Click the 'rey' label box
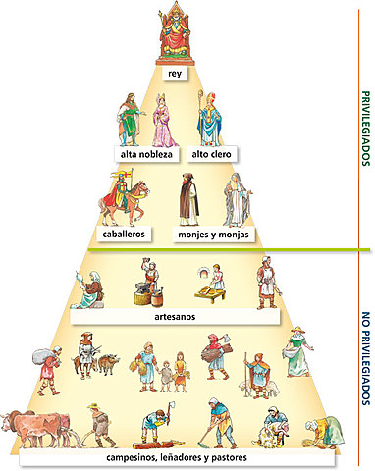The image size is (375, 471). point(175,74)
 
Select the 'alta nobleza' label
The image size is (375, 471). point(146,154)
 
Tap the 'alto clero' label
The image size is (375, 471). point(211,154)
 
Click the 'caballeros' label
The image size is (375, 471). point(124,235)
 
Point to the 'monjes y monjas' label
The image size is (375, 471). point(213,235)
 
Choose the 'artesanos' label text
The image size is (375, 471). point(175,317)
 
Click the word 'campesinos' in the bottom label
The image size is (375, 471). point(132,457)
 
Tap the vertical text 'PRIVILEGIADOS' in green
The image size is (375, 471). point(366,129)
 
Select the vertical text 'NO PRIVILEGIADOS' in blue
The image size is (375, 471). point(366,358)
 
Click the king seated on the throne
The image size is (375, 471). point(175,32)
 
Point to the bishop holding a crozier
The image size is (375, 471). point(209,119)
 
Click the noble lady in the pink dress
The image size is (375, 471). point(164,121)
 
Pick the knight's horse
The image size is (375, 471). point(125,204)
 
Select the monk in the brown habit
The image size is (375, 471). point(188,199)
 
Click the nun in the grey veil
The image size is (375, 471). point(237,200)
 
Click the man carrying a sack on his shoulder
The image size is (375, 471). point(48,370)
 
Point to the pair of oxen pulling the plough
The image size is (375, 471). point(37,428)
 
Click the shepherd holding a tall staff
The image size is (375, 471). point(257,376)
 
